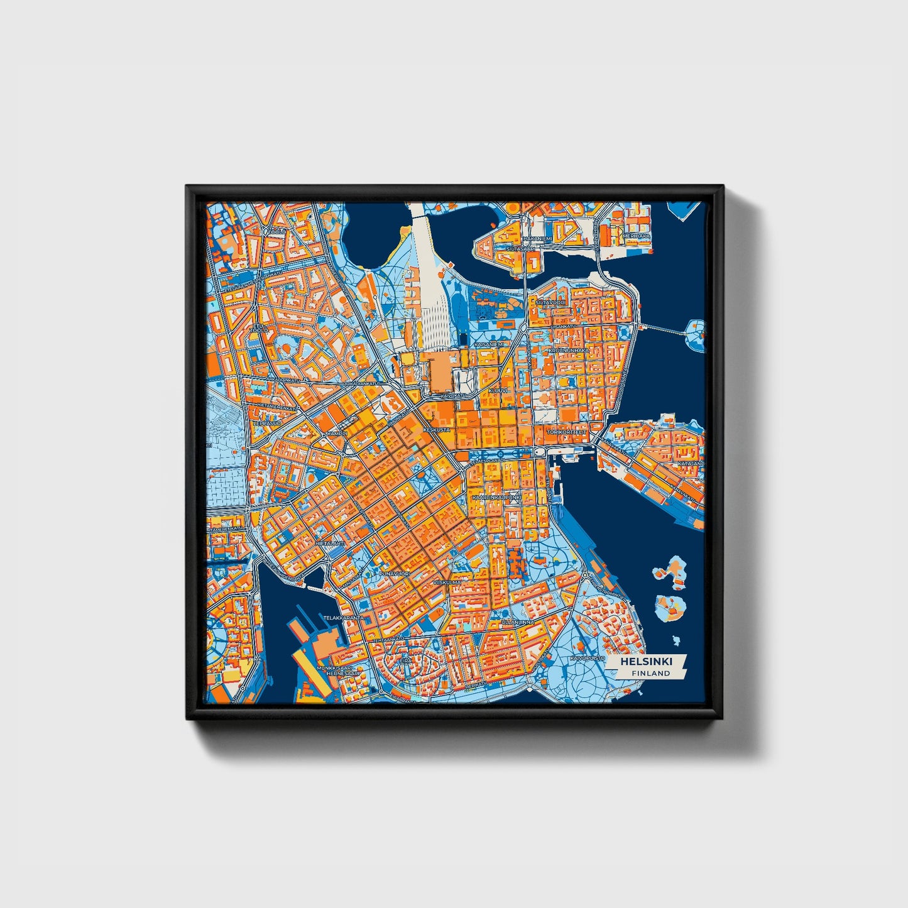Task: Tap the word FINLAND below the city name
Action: [x=651, y=673]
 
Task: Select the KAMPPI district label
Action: [x=337, y=434]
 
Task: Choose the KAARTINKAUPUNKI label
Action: [x=496, y=497]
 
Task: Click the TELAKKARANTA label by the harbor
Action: [x=344, y=618]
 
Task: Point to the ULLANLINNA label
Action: [x=518, y=622]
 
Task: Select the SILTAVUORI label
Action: [x=550, y=302]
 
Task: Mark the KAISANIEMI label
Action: [x=490, y=344]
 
